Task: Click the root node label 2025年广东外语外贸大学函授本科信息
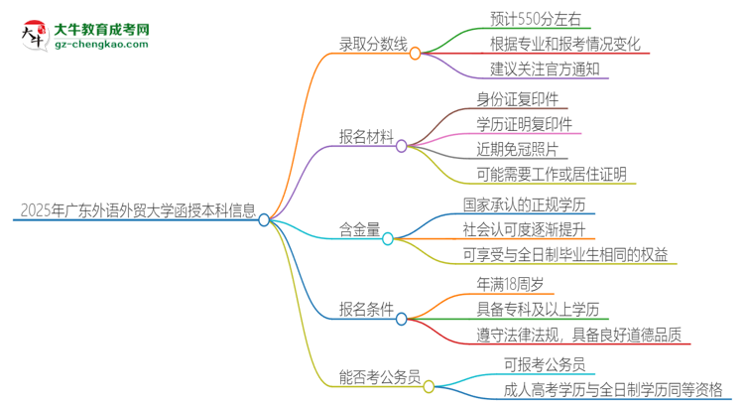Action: pyautogui.click(x=138, y=209)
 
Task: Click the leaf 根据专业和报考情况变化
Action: pyautogui.click(x=564, y=44)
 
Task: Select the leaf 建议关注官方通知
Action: pyautogui.click(x=545, y=69)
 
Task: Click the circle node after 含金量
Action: pyautogui.click(x=389, y=238)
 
